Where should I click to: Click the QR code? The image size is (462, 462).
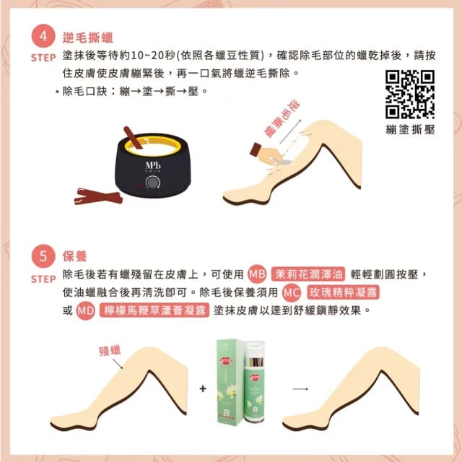point(410,94)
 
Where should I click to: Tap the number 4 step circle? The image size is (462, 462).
point(43,38)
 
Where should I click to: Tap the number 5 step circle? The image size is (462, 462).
point(43,257)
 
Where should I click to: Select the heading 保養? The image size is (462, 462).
point(74,257)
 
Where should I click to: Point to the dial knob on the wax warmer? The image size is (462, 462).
point(153,185)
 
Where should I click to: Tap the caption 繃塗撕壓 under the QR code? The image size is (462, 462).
point(410,129)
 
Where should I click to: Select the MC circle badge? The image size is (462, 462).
point(291,292)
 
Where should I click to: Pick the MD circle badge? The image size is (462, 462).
point(86,310)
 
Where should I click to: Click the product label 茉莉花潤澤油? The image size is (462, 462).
point(309,274)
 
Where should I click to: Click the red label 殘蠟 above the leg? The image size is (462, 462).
point(110,351)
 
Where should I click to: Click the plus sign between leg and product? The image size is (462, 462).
point(203,389)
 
